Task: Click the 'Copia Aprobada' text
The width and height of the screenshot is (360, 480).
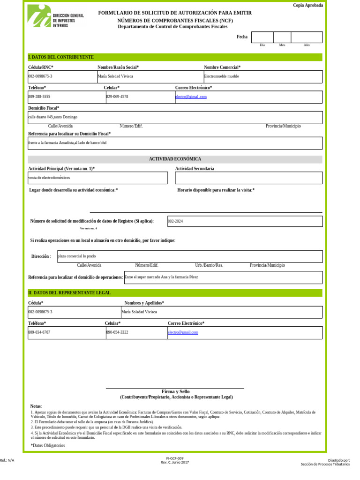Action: pos(307,5)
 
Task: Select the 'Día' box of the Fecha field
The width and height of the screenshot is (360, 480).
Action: pos(262,37)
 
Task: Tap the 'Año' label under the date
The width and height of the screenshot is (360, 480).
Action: pos(307,45)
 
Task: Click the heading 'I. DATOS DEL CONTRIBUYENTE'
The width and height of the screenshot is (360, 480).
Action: pos(61,57)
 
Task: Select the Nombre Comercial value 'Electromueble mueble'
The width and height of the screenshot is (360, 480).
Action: pos(222,76)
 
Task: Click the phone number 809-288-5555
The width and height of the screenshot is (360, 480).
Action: pos(39,97)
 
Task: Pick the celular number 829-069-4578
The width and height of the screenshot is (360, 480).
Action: pos(117,97)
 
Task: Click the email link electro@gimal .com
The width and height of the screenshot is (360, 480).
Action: pos(191,97)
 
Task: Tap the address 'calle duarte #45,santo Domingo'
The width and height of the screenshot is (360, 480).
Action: pos(53,117)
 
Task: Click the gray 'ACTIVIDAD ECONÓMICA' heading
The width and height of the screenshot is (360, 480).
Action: pos(175,159)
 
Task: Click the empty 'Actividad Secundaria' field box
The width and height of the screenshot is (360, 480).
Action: pos(248,178)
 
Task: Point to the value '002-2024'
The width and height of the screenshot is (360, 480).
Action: pos(175,221)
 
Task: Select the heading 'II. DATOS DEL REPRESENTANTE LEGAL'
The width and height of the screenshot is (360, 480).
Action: pos(69,293)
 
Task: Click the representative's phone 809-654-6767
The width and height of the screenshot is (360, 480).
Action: pos(39,332)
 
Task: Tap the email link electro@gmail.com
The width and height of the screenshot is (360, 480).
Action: pos(183,332)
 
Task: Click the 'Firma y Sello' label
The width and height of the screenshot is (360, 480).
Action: pos(175,391)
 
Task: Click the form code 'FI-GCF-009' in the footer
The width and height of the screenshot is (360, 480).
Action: pos(175,458)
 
